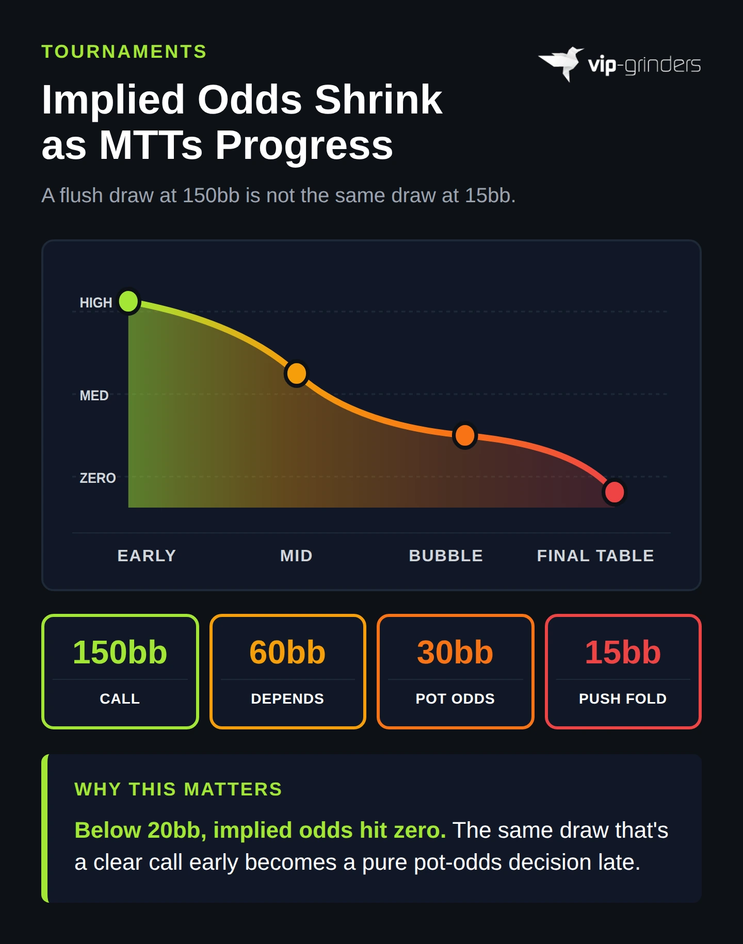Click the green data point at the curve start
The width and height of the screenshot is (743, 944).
(128, 301)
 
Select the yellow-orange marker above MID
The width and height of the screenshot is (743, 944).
(297, 373)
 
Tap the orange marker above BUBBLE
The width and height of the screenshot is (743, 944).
(465, 436)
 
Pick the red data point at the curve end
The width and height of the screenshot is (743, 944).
(614, 492)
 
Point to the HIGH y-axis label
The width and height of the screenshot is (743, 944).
(96, 303)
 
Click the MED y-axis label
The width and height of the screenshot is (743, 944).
(94, 396)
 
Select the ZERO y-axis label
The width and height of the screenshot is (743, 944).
(98, 478)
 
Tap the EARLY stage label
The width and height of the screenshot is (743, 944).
(147, 556)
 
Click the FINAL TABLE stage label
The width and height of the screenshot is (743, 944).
(595, 556)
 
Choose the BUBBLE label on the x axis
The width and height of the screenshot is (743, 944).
(446, 556)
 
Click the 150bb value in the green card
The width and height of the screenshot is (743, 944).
(120, 652)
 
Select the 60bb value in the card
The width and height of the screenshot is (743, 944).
(287, 652)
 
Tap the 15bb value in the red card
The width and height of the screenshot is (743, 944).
(623, 652)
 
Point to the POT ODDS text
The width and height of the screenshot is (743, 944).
(455, 698)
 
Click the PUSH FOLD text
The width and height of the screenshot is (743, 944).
(623, 698)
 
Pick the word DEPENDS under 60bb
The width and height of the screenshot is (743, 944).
(287, 698)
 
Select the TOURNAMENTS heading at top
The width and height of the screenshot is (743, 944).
(124, 52)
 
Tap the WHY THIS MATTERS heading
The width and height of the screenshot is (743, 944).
(178, 789)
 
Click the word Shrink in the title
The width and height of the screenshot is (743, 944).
(378, 100)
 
